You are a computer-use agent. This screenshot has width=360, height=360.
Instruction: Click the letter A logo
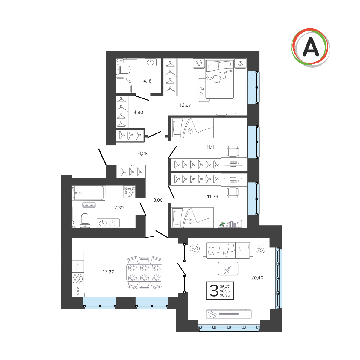click(311, 48)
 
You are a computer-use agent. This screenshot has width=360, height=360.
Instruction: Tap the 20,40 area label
click(257, 278)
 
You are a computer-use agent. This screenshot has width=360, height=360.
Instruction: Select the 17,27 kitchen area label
click(108, 272)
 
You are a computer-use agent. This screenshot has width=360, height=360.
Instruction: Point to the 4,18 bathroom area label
click(147, 81)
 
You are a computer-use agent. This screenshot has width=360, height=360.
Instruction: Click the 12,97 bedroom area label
click(185, 105)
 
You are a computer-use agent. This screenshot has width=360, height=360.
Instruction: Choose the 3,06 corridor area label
click(158, 200)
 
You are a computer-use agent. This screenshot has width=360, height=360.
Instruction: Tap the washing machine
click(129, 192)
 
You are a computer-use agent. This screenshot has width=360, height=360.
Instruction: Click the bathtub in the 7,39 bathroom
click(88, 193)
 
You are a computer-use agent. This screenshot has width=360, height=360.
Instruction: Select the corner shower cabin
click(124, 85)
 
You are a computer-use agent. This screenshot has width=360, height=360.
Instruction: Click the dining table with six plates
click(144, 273)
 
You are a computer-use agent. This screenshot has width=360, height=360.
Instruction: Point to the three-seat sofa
click(228, 248)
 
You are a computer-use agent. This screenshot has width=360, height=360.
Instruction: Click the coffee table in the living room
click(228, 268)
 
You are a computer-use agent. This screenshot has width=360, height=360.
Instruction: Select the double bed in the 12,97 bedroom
click(220, 78)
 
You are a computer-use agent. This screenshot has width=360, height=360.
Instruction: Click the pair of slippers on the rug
click(202, 91)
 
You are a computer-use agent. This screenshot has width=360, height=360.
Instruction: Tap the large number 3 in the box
click(214, 291)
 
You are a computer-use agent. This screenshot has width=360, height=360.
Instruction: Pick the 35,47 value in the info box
click(224, 287)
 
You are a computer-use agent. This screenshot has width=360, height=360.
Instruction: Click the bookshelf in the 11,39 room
click(230, 224)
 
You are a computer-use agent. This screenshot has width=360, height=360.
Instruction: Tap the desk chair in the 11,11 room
click(233, 151)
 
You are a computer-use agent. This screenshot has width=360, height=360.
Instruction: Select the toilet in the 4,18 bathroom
click(123, 69)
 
